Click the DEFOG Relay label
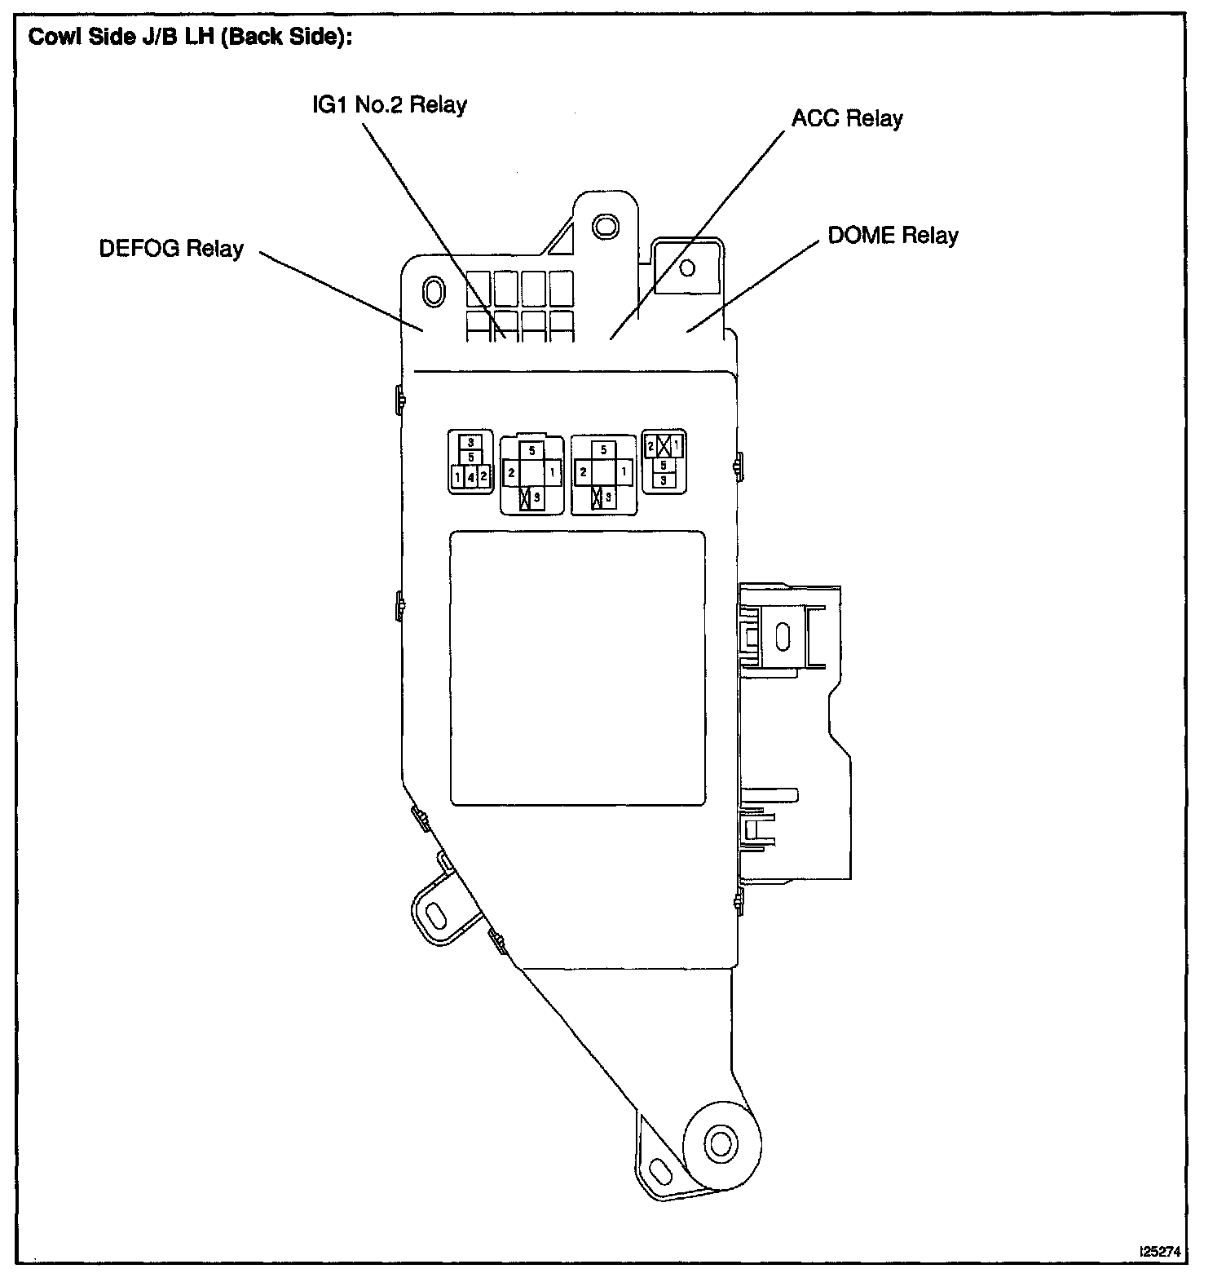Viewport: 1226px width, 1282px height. [x=171, y=248]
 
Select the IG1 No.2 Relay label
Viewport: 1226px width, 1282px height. [x=390, y=105]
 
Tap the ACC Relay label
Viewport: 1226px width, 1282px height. [x=847, y=119]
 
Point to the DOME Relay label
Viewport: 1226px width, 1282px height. [x=893, y=236]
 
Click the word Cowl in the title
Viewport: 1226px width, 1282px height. [x=50, y=38]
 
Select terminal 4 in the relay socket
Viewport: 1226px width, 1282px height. [x=471, y=476]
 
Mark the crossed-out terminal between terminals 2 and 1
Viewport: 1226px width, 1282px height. [x=664, y=446]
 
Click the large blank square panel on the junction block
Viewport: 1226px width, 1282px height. [x=578, y=668]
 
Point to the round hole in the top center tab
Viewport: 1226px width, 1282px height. [x=603, y=224]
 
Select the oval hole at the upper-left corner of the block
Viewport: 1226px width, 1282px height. [x=432, y=291]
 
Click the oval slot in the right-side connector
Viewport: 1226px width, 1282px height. [x=783, y=636]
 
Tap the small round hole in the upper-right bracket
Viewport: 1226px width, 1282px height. [x=687, y=267]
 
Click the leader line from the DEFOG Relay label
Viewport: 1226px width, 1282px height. [x=342, y=291]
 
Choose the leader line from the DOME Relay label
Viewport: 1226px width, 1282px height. [x=754, y=286]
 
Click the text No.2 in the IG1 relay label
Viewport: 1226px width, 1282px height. [x=390, y=105]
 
